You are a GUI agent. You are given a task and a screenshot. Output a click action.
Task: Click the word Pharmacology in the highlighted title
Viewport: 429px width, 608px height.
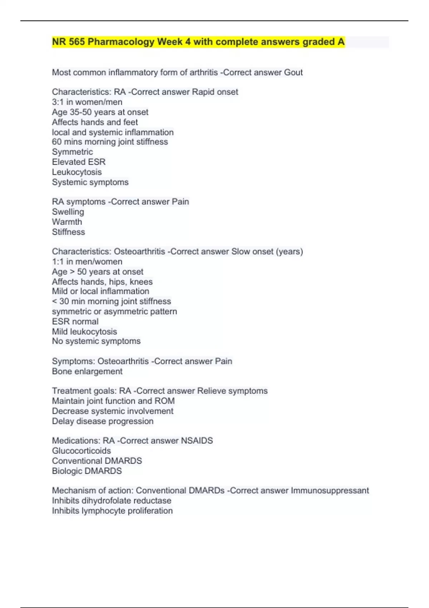coord(121,42)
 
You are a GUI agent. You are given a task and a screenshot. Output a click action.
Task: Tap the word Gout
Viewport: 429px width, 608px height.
coord(293,73)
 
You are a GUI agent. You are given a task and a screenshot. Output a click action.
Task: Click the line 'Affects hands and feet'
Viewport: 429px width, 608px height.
coord(95,122)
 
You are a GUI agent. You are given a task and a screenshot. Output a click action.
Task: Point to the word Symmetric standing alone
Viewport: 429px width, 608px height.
coord(72,152)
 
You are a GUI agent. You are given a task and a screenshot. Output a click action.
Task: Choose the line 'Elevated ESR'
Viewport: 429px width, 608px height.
coord(79,162)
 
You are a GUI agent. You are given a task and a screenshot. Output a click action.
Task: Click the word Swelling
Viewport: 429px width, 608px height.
coord(68,212)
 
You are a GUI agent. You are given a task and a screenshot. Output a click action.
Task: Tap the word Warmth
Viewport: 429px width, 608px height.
coord(67,222)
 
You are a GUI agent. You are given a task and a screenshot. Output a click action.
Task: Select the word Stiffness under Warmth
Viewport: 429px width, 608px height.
coord(68,232)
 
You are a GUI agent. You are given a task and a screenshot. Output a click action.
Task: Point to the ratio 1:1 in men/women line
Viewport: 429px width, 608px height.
coord(58,261)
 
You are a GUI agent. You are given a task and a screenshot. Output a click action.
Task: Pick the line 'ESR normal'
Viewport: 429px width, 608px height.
coord(75,322)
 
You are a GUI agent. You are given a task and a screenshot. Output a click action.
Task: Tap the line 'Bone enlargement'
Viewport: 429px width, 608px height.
coord(87,371)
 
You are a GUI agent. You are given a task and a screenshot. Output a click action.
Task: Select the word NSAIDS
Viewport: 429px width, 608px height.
coord(197,441)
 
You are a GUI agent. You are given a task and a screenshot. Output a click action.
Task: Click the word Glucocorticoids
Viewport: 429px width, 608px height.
coord(82,451)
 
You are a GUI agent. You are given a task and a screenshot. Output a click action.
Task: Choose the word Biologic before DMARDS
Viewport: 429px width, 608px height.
coord(68,471)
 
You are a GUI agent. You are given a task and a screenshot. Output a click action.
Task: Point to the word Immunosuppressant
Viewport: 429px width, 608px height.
coord(330,490)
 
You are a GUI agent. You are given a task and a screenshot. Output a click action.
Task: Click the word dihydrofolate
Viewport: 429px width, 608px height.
coord(106,501)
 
